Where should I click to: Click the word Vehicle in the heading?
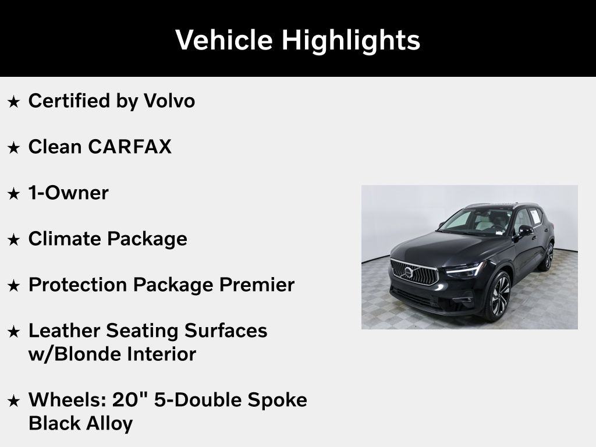[x=224, y=40]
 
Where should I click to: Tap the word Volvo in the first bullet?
[x=169, y=101]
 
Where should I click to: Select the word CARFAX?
[x=130, y=147]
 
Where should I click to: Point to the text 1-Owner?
[x=69, y=193]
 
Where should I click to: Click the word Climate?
[x=65, y=239]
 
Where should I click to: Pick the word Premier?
[x=257, y=285]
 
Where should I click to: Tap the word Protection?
[x=78, y=285]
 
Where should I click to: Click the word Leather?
[x=64, y=331]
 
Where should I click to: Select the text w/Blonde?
[x=74, y=354]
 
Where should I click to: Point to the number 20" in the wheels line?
[x=130, y=399]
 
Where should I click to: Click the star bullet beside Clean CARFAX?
[x=14, y=147]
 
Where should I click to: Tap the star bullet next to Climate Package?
[x=14, y=239]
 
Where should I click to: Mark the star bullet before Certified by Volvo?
[x=14, y=101]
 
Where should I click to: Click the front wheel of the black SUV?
[x=499, y=296]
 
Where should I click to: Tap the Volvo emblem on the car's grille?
[x=409, y=272]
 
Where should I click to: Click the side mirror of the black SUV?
[x=526, y=230]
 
